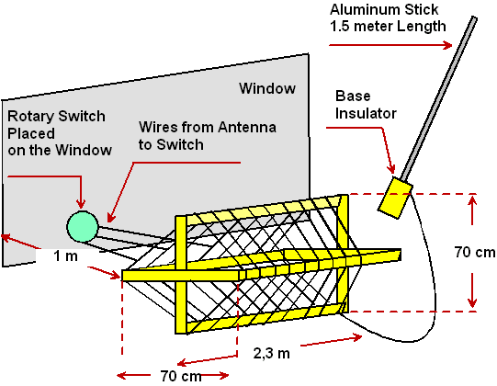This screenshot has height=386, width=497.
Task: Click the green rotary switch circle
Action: pos(83,226)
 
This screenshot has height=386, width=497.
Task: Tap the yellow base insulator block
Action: pos(395,198)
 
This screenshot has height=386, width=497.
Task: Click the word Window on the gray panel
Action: pos(267,88)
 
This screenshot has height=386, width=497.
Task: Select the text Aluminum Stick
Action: pos(384,9)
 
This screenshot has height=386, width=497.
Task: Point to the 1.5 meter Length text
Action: pos(388,26)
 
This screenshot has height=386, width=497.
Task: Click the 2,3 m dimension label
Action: pos(272,353)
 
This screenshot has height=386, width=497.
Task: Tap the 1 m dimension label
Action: pos(65,255)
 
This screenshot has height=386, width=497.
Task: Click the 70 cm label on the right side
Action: pos(475,252)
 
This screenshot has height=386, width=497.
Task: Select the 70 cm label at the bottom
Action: pos(181,376)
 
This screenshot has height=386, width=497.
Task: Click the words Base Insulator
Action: pos(366,105)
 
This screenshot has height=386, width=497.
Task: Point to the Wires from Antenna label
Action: pos(208,127)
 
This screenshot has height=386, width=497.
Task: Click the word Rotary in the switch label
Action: pos(31,117)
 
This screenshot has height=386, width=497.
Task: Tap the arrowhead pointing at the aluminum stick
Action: pos(448,45)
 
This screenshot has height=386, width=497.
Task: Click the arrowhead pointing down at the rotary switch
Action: pos(82,204)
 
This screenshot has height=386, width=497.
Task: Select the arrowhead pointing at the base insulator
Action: pos(391,169)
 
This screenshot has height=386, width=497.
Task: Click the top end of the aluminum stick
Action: pos(475,17)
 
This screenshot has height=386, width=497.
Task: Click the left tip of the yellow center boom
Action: pos(122,276)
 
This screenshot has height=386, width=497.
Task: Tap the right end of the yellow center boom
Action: pos(401,255)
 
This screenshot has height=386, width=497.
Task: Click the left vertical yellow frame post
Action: pos(181,275)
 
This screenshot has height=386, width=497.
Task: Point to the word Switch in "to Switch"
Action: pos(180,144)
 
